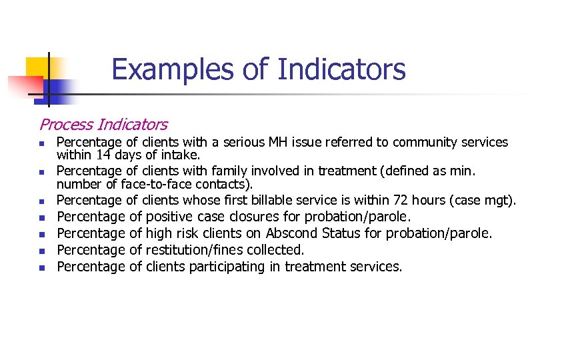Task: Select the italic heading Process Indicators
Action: pos(103,124)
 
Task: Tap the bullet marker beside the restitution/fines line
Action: pos(41,251)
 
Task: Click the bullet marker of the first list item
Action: pos(41,143)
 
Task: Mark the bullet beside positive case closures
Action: pos(41,217)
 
